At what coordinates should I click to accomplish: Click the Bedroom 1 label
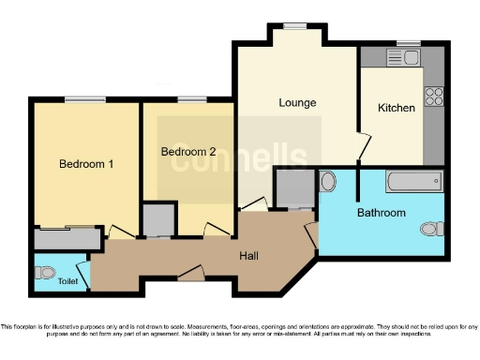point(86,164)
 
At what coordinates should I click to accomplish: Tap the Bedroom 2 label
point(187,152)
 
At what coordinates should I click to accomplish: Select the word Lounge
point(296,102)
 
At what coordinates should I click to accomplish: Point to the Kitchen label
point(396,108)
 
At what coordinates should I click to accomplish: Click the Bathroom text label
point(381,213)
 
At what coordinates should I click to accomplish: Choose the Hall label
point(248,255)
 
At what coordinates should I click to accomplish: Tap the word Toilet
point(67,280)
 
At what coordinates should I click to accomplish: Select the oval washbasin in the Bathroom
point(328,181)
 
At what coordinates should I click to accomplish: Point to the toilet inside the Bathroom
point(432,228)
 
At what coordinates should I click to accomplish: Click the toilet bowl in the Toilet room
point(43,273)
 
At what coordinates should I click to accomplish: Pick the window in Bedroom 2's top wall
point(191,99)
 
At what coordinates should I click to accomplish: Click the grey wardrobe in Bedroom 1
point(67,239)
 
